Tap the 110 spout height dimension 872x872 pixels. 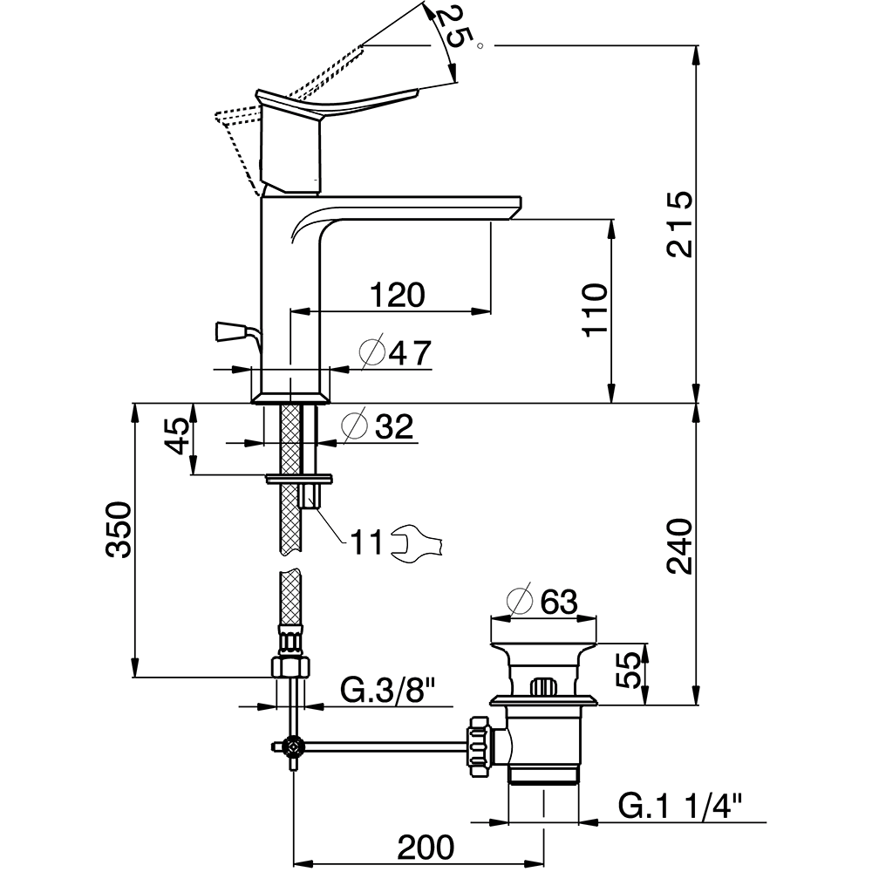[x=596, y=310]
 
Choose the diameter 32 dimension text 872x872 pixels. [x=378, y=426]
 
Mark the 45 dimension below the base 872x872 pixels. [x=178, y=435]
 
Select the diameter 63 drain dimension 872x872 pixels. [x=544, y=601]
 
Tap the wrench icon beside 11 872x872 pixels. [x=419, y=542]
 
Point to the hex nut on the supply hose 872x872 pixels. [x=290, y=666]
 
